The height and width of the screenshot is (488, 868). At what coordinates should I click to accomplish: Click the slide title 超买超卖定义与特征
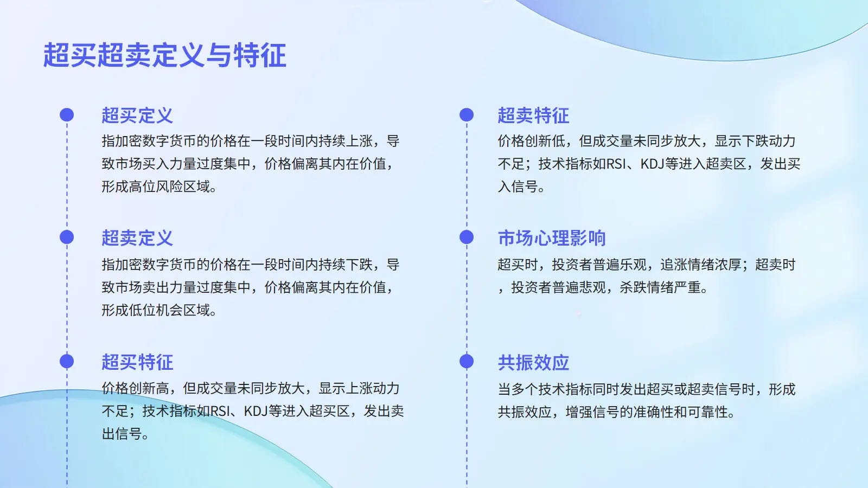[x=165, y=55]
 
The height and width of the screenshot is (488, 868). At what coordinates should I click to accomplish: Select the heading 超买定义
[x=137, y=115]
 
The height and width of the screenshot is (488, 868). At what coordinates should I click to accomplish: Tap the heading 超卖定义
[x=137, y=238]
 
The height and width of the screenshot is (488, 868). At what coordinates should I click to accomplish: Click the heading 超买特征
[x=137, y=362]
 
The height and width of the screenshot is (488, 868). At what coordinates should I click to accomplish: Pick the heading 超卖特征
[x=533, y=115]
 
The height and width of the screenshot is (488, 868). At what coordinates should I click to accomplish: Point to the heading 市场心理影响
[x=551, y=238]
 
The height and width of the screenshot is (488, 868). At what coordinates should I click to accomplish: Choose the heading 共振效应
[x=533, y=362]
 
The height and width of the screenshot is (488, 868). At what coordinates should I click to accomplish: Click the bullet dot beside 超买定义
[x=67, y=114]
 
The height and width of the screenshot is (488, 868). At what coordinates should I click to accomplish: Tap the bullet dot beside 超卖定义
[x=67, y=237]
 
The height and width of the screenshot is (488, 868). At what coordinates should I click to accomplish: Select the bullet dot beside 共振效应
[x=467, y=361]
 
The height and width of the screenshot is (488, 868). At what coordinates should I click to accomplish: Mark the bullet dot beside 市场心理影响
[x=467, y=237]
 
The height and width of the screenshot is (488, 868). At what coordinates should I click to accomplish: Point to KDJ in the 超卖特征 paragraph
[x=652, y=164]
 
